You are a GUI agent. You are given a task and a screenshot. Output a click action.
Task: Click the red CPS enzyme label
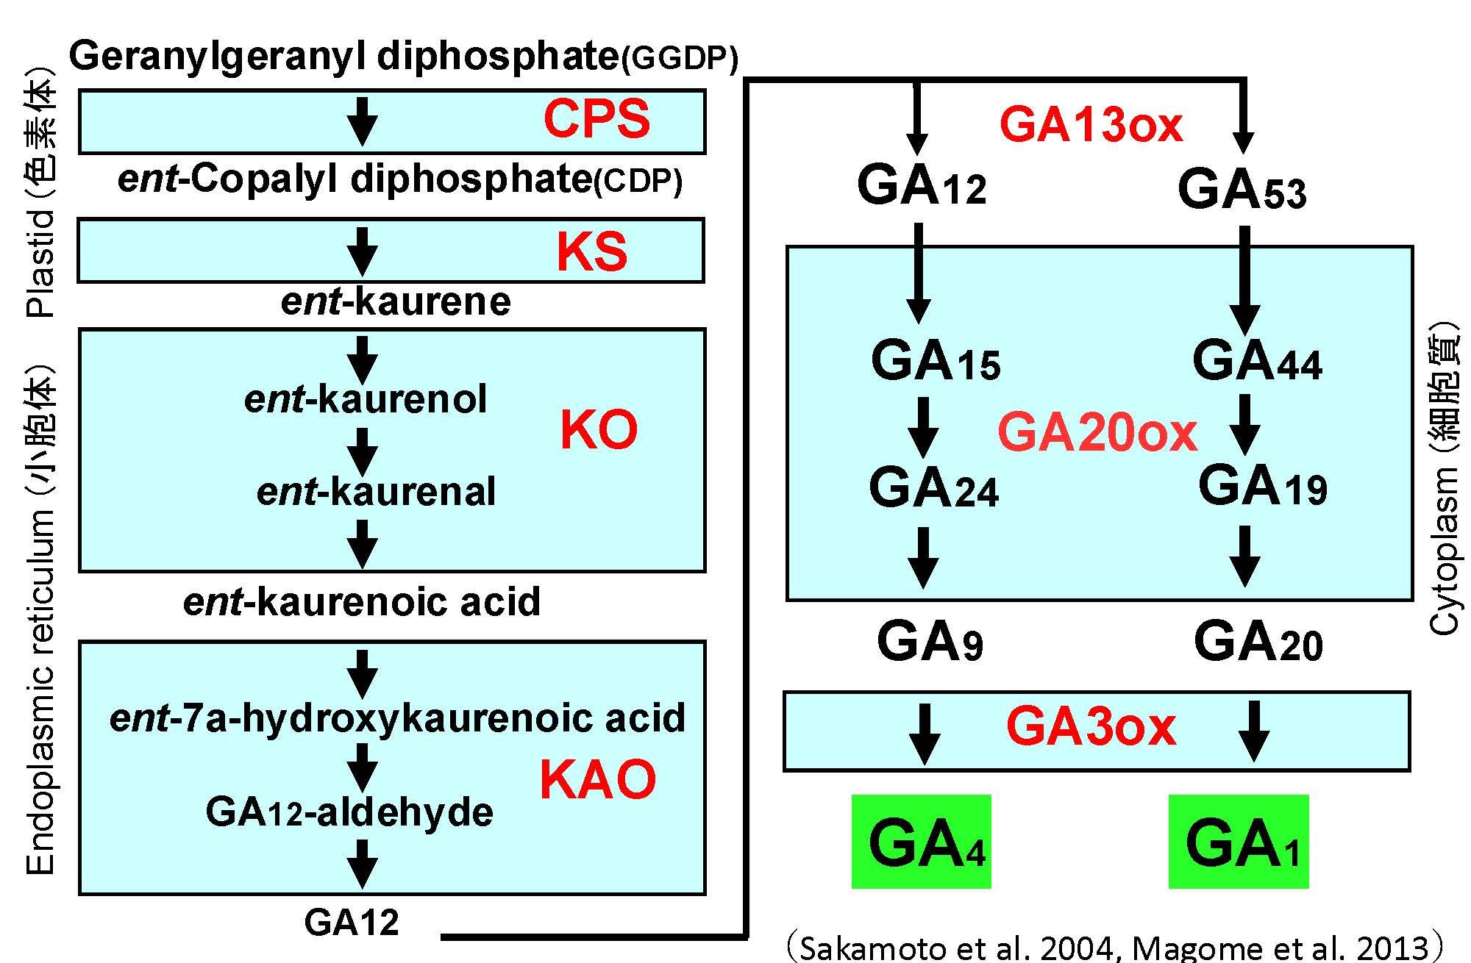[x=596, y=119]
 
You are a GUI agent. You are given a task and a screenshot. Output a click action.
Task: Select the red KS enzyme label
[x=592, y=251]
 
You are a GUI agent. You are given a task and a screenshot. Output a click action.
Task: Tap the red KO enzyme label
[x=599, y=430]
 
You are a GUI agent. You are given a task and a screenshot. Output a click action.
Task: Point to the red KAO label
[x=597, y=780]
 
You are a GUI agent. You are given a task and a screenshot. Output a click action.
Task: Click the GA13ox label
[x=1091, y=125]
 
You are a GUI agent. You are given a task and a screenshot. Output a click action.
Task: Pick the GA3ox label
[x=1091, y=727]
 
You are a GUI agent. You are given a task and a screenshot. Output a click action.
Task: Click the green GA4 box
[x=922, y=842]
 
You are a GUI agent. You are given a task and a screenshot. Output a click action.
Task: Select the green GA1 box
[x=1239, y=842]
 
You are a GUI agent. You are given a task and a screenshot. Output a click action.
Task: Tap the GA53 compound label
[x=1242, y=190]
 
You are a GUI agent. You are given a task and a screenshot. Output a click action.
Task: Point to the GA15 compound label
[x=936, y=362]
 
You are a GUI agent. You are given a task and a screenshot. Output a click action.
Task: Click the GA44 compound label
[x=1257, y=362]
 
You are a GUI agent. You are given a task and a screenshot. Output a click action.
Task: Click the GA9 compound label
[x=930, y=642]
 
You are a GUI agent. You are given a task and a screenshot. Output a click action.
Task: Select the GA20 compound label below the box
[x=1258, y=642]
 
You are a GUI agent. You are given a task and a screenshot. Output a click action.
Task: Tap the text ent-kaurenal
[x=376, y=492]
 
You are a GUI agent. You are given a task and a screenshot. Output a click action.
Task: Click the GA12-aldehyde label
[x=349, y=812]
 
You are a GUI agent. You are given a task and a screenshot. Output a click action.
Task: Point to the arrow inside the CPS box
[x=362, y=121]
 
